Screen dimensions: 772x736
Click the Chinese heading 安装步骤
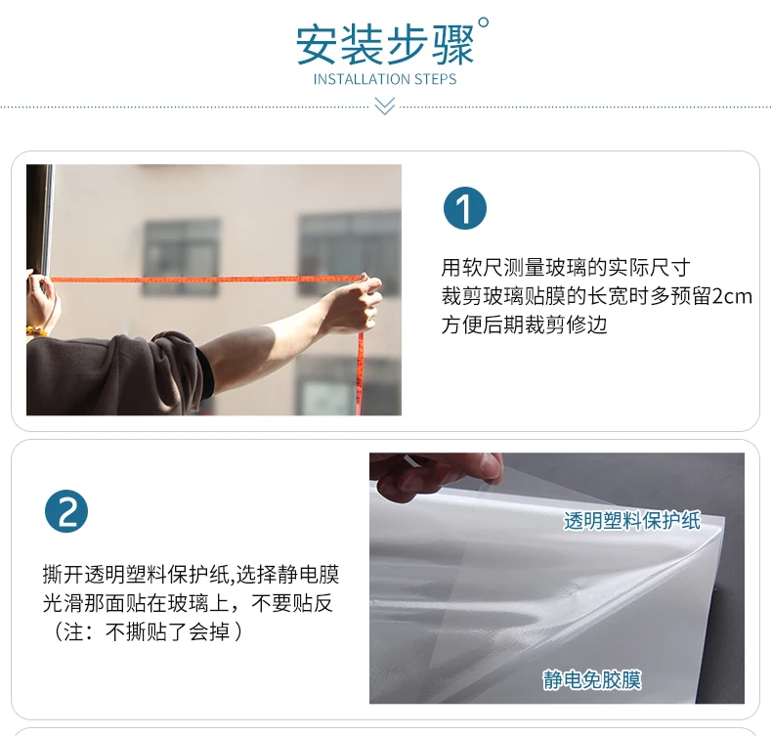point(384,45)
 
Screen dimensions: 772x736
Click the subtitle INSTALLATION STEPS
point(385,79)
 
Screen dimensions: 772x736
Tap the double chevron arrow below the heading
point(384,106)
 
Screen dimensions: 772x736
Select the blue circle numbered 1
point(465,208)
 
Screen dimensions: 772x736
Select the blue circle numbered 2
point(66,511)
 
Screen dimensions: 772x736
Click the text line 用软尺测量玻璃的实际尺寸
point(565,268)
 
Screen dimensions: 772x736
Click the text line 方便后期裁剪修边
point(524,325)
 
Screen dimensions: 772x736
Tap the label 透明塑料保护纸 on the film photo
point(631,520)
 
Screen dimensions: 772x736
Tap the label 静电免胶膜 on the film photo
point(592,680)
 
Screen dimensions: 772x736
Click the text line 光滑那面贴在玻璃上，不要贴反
point(188,603)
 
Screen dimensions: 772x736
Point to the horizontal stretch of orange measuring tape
point(206,280)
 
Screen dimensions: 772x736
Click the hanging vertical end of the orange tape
point(361,373)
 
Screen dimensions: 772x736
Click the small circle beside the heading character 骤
point(484,22)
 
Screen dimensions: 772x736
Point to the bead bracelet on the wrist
point(36,330)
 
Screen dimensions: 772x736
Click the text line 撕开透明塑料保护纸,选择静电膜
point(191,575)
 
